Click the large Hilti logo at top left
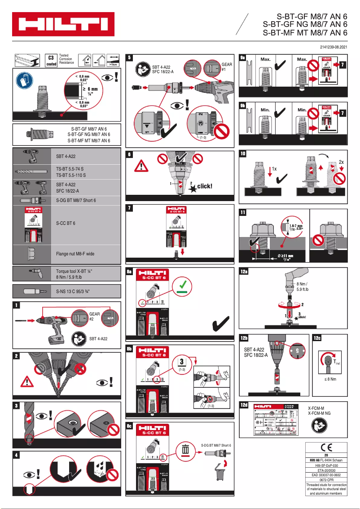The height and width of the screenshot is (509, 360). pyautogui.click(x=63, y=24)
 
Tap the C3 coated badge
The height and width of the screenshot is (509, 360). pyautogui.click(x=51, y=61)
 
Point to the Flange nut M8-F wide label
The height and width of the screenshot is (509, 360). pyautogui.click(x=75, y=254)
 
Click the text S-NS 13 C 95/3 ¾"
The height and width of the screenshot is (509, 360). pyautogui.click(x=73, y=292)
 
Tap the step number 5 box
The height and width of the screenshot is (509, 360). pyautogui.click(x=130, y=57)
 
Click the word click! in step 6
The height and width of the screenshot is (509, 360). pyautogui.click(x=205, y=186)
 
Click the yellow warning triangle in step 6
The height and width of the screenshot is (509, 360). pyautogui.click(x=142, y=166)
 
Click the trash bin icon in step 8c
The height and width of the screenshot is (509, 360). pyautogui.click(x=184, y=449)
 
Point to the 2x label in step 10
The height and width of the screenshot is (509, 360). pyautogui.click(x=341, y=162)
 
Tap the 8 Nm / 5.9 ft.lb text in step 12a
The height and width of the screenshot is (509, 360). pyautogui.click(x=303, y=287)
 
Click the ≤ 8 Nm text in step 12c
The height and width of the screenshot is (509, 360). pyautogui.click(x=330, y=379)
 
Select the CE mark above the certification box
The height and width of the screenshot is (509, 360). pyautogui.click(x=326, y=447)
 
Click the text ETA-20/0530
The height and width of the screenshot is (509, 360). pyautogui.click(x=326, y=470)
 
